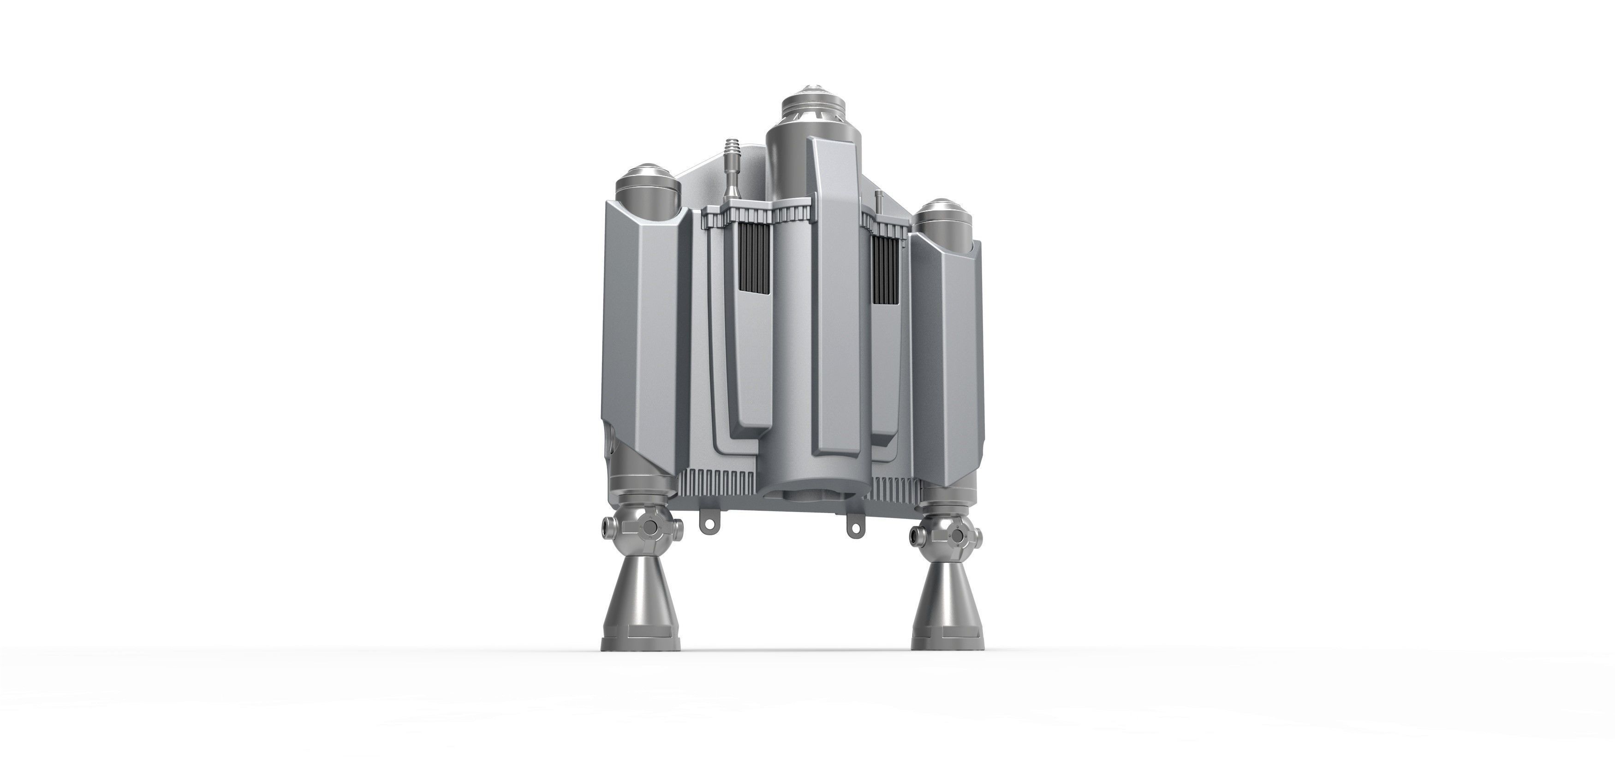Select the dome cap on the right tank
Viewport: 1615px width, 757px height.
pos(942,217)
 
